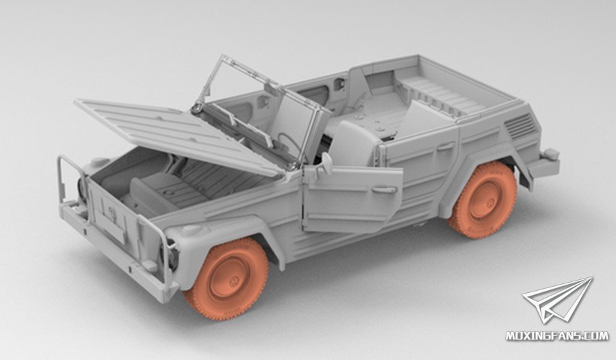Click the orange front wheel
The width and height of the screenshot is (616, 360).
coord(227,279)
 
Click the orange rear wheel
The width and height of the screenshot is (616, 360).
coord(483,200)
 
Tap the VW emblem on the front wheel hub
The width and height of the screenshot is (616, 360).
coord(235,281)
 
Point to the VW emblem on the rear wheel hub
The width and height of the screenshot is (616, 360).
coord(491,203)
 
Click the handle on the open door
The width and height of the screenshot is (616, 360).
coord(385,190)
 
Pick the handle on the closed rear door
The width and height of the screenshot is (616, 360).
coord(446,146)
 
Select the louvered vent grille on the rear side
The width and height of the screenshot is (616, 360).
coord(520,126)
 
